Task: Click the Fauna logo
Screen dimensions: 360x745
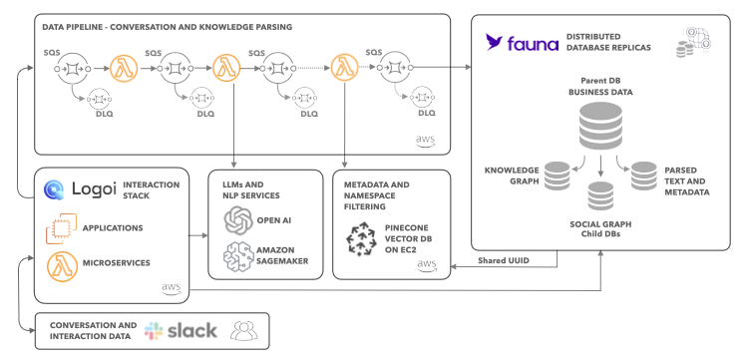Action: pos(522,43)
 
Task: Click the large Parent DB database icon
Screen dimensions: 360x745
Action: pos(600,127)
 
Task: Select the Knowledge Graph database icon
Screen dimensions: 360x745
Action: pos(557,176)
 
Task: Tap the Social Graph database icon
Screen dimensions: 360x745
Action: pos(600,195)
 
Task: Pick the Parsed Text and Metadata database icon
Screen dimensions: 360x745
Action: pos(643,176)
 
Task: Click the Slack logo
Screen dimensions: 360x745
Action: pos(154,331)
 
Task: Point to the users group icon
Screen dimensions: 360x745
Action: pos(243,331)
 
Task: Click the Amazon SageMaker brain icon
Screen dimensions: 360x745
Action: pos(236,256)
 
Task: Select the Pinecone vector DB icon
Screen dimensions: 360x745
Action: pos(360,240)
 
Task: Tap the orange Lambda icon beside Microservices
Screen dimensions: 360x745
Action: pos(62,265)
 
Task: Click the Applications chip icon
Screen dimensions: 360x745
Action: pos(61,229)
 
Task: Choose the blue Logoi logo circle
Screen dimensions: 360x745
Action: pos(54,188)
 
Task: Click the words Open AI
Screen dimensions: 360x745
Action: pos(273,219)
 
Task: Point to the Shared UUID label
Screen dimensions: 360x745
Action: pos(504,261)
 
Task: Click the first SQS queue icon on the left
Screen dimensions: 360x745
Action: pos(69,70)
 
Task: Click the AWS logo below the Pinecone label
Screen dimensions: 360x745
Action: pos(427,265)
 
